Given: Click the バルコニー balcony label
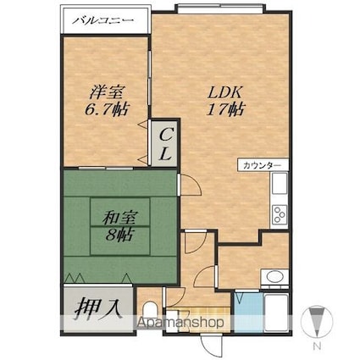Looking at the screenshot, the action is click(102, 20).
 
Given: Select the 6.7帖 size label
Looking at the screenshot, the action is click(107, 109).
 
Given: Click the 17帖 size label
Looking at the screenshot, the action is click(225, 109).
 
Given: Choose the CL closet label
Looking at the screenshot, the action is click(165, 144).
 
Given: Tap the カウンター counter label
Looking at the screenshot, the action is click(262, 166).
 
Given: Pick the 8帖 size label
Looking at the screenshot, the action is click(119, 235).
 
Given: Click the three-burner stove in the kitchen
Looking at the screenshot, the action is click(280, 214).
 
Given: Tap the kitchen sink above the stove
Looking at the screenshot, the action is click(280, 183).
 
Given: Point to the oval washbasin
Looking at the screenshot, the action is click(274, 277).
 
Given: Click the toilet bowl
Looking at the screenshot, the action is click(148, 312).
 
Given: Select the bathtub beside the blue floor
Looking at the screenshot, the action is click(276, 313).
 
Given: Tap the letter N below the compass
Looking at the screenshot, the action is click(317, 346).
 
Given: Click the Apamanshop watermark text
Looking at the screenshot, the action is click(180, 322).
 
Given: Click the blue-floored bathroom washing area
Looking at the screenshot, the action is click(248, 313).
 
